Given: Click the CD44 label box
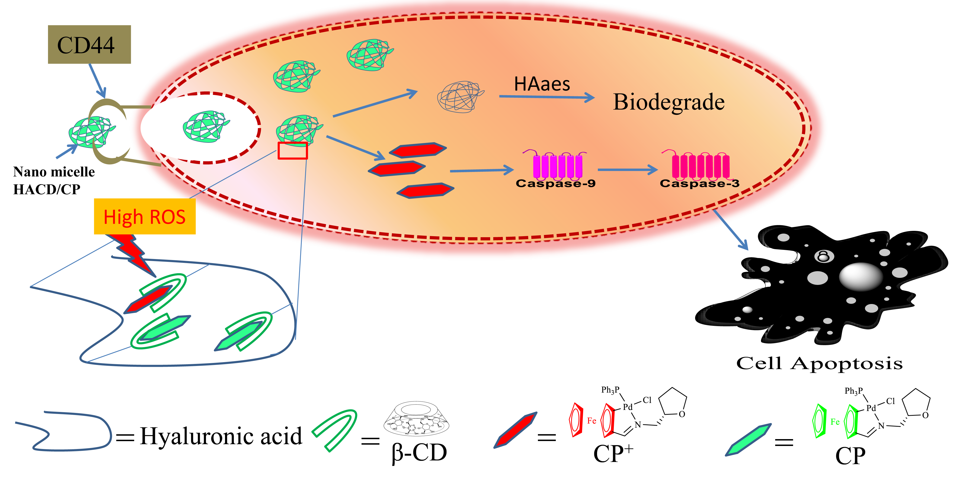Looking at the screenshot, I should pos(89,45).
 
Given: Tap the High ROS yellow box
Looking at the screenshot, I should pos(145,217).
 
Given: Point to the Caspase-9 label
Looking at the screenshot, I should pos(555,183).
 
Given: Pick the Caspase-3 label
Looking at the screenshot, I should pos(699,183).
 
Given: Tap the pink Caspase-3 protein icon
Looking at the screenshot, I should pos(700,165).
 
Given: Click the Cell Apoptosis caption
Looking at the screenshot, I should pos(819,363).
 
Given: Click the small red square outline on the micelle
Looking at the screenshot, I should pos(293,151).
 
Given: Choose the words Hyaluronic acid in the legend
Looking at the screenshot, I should pos(221,436).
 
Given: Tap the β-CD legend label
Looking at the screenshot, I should pos(419,453).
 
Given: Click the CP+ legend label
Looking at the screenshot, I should pos(613,454).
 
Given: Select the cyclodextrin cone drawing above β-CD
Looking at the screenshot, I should pos(416,418).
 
